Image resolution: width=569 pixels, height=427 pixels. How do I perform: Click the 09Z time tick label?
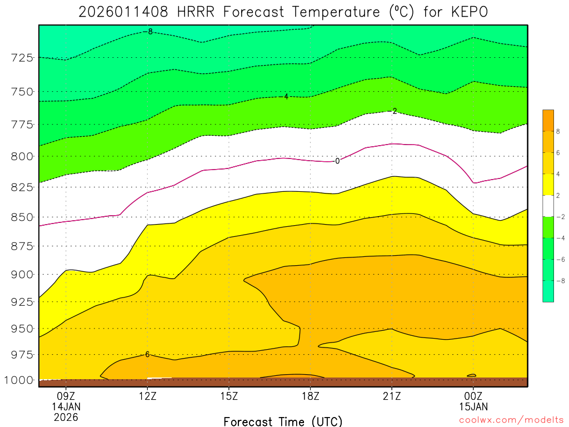66,396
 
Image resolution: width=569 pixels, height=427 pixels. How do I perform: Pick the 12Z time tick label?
147,396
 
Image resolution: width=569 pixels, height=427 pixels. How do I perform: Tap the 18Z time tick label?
310,396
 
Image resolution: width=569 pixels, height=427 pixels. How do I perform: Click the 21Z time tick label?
392,396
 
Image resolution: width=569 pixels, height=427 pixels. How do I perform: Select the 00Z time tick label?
473,396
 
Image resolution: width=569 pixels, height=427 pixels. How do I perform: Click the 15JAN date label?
473,407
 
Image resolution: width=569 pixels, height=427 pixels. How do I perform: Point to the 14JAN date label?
66,407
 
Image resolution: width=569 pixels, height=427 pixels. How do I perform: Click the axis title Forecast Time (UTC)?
283,421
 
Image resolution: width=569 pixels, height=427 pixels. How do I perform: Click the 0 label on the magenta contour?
337,161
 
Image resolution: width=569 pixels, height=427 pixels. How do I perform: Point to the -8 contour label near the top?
148,32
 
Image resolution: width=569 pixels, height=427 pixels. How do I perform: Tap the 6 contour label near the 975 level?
147,354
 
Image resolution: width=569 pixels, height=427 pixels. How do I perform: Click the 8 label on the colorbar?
557,131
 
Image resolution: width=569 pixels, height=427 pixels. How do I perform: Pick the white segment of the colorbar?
548,206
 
